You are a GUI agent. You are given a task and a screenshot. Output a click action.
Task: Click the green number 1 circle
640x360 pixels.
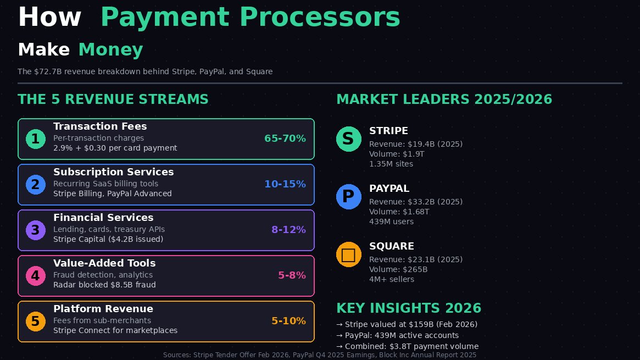pos(36,139)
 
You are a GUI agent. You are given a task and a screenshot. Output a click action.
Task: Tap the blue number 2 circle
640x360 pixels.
pos(36,185)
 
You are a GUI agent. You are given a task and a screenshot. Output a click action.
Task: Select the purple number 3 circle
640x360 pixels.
pos(36,230)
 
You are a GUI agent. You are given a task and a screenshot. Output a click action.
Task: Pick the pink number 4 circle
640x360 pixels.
pos(36,275)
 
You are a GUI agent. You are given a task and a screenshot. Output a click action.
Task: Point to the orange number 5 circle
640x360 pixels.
pos(36,321)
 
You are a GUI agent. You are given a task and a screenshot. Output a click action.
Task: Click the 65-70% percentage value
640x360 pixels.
pos(285,139)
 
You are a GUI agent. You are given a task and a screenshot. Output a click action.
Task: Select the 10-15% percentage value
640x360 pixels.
pos(285,184)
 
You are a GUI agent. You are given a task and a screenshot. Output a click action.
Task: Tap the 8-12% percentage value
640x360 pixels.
pos(288,230)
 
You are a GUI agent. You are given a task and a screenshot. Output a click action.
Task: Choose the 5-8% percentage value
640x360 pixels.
pos(292,275)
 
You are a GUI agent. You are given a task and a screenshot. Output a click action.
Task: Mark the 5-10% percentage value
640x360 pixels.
pos(288,321)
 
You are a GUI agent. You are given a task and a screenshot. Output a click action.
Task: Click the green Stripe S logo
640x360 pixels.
pos(349,139)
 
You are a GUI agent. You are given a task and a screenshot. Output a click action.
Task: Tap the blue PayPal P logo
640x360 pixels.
pos(349,196)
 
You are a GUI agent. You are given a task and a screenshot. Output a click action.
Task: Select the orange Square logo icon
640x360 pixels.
pos(349,254)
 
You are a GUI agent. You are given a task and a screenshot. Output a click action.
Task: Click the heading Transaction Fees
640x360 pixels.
pos(100,126)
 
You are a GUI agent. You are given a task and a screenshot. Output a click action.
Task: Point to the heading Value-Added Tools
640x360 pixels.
pos(104,263)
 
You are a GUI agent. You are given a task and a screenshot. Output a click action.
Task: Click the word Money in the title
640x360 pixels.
pos(110,50)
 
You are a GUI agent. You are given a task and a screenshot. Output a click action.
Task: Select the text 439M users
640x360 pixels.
pos(392,221)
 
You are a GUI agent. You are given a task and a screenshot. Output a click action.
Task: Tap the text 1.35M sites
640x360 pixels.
pos(391,164)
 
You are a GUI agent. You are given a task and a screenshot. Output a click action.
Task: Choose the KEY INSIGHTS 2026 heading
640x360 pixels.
pos(409,308)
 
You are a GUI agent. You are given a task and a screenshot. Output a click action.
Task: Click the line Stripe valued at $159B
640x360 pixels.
pos(407,324)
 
